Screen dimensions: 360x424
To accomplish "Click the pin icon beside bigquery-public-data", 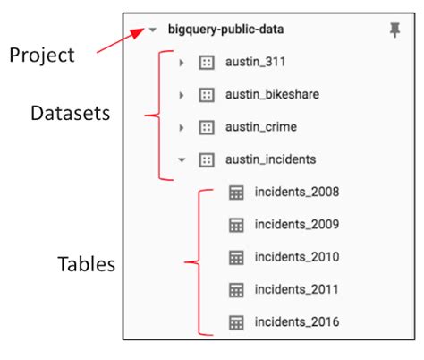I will click(x=394, y=31).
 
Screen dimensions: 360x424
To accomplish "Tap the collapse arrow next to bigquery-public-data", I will click(x=152, y=30).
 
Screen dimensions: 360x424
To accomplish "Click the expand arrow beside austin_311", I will click(x=182, y=63).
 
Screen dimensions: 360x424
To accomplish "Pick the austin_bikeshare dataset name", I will click(x=272, y=95).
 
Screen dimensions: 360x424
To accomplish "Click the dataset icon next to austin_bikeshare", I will click(x=206, y=95).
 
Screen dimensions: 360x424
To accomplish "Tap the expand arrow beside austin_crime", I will click(x=182, y=127).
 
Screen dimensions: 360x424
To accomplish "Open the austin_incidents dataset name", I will click(x=269, y=159).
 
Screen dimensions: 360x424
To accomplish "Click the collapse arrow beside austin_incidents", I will click(x=182, y=159).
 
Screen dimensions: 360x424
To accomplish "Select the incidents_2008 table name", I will click(x=296, y=192).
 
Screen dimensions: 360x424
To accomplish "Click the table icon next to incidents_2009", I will click(x=237, y=224).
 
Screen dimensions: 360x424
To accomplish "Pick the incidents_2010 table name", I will click(x=296, y=257).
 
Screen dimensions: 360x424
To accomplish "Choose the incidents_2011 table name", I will click(x=296, y=289).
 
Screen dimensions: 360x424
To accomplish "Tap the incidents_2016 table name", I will click(x=296, y=321).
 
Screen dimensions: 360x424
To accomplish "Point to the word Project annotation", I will click(x=43, y=56).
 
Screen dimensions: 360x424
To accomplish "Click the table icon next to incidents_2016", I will click(x=237, y=321).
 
